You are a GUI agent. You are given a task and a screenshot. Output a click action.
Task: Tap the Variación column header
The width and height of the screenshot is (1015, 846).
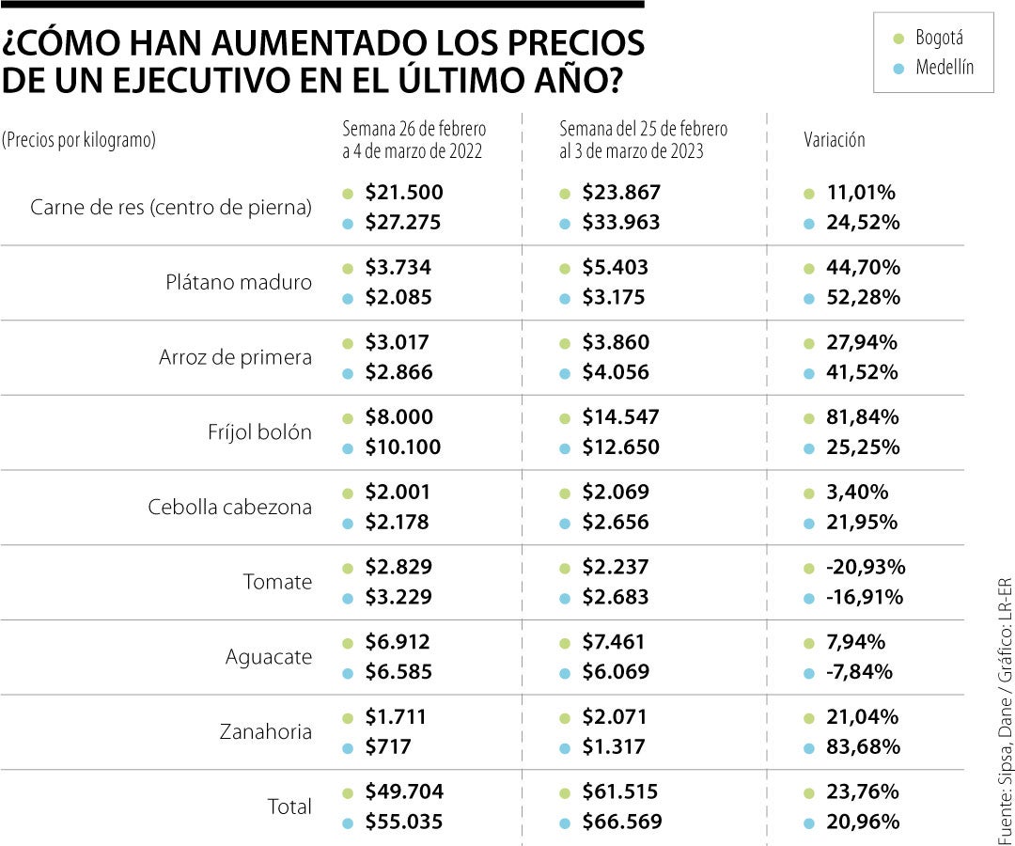pos(835,140)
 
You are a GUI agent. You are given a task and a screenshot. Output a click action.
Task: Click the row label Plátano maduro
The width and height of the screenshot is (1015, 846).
pos(239,282)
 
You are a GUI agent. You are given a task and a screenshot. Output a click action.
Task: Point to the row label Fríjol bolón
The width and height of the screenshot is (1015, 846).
pos(259,432)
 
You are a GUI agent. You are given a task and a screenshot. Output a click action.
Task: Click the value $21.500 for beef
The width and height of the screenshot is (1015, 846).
pos(403,193)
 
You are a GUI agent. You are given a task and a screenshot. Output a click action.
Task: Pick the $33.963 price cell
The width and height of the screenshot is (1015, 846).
pos(621,223)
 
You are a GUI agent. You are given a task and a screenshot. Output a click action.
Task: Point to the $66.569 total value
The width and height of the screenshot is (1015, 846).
pos(621,822)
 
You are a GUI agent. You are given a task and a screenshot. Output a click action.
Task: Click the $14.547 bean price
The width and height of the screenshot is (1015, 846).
pos(620,416)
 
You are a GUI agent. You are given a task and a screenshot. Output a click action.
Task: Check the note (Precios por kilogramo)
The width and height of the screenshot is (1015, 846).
pos(79,140)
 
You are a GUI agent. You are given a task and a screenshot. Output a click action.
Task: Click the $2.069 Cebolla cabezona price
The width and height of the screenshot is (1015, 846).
pos(615,492)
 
